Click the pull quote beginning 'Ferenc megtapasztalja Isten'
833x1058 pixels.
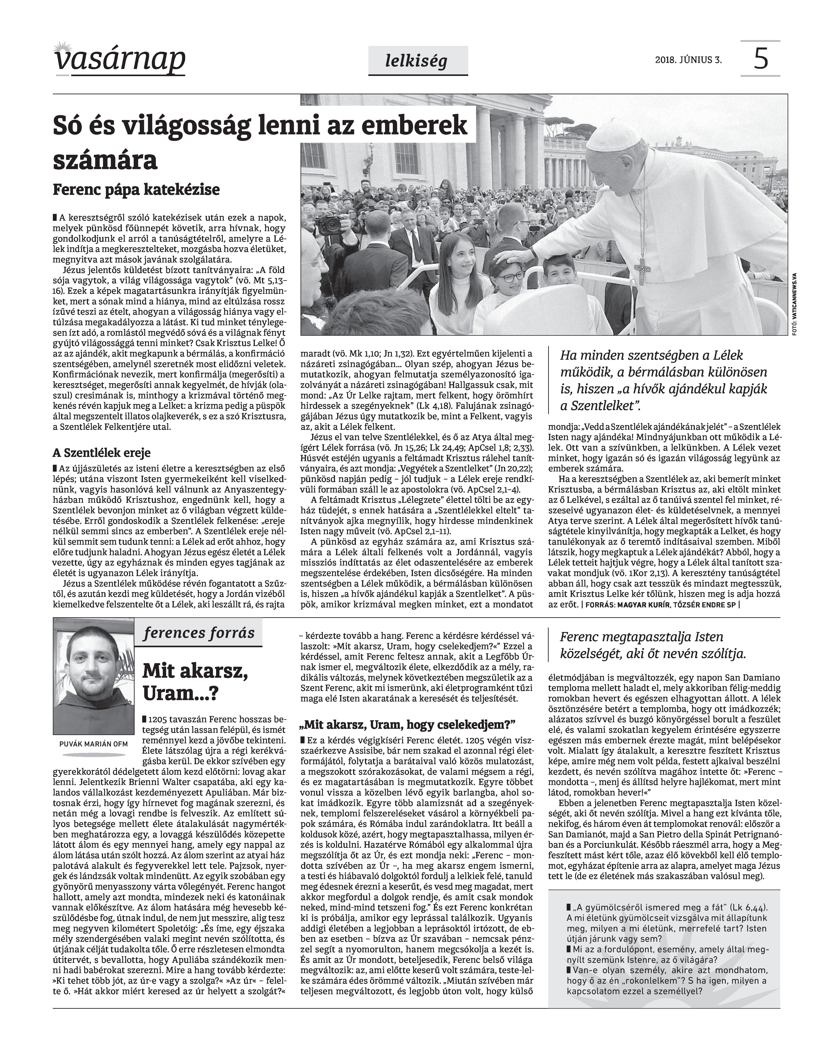[x=653, y=645]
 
